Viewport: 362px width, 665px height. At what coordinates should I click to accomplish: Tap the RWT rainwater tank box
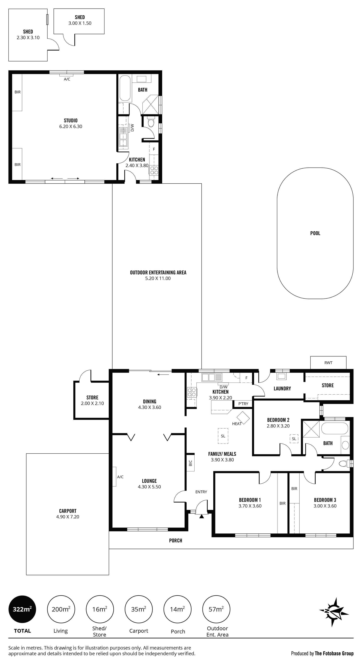(328, 363)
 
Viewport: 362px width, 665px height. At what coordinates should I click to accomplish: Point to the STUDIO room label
(71, 120)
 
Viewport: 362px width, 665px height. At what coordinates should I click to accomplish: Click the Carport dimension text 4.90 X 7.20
(68, 516)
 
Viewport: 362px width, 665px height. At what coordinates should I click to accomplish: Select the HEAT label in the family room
(237, 424)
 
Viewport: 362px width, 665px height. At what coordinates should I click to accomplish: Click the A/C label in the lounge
(120, 477)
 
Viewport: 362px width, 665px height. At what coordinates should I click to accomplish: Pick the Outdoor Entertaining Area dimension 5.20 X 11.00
(158, 278)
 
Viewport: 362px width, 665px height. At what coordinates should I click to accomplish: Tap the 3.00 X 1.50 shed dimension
(80, 23)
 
